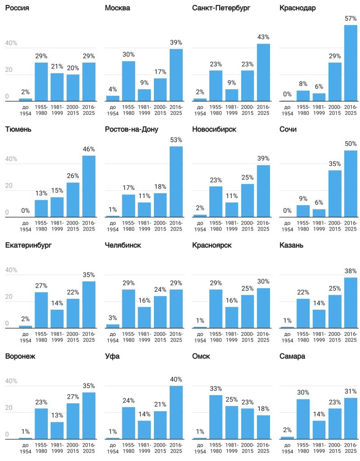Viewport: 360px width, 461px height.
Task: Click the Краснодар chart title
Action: click(x=297, y=8)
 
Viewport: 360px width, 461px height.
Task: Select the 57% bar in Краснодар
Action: click(x=351, y=63)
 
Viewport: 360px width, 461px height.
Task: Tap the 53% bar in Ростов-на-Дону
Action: click(x=176, y=182)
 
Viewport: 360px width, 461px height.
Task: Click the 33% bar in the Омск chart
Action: click(x=216, y=417)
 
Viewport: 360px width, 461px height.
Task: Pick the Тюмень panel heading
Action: click(x=18, y=130)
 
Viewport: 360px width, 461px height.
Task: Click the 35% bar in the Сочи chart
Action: click(x=335, y=194)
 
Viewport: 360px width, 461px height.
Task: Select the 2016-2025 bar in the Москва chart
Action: click(x=176, y=75)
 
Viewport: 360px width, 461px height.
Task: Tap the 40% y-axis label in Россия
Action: click(x=11, y=43)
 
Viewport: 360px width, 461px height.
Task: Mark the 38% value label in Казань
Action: click(x=351, y=271)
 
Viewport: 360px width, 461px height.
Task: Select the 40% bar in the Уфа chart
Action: click(x=176, y=412)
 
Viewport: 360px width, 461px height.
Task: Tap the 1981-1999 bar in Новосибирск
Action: click(x=232, y=210)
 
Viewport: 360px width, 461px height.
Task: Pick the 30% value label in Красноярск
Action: click(x=263, y=282)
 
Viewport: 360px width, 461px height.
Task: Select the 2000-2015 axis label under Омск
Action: click(x=247, y=448)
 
